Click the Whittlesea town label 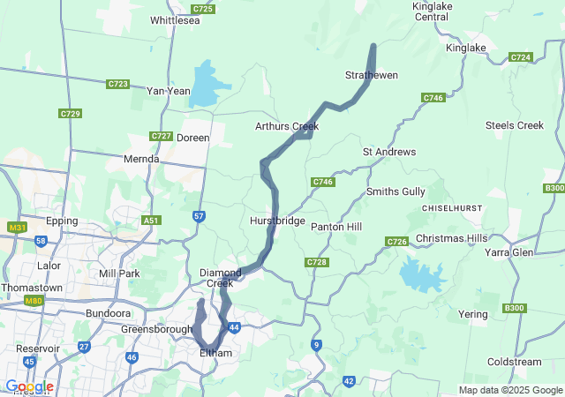[176, 19]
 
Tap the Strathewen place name [371, 75]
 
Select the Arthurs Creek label [286, 126]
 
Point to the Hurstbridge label [277, 221]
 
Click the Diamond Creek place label [221, 277]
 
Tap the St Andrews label [389, 152]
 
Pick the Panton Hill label [336, 227]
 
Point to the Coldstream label [514, 361]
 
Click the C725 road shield [203, 9]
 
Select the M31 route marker [15, 228]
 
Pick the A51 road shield [152, 221]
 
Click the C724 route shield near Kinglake [521, 57]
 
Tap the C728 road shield [316, 262]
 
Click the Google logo [28, 386]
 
